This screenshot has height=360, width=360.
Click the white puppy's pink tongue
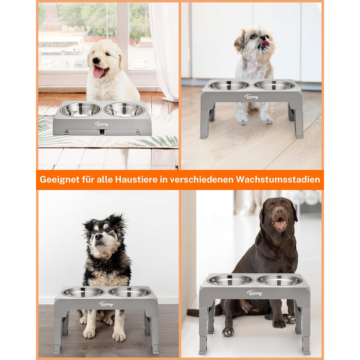(98, 72)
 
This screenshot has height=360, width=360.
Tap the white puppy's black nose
(96, 60)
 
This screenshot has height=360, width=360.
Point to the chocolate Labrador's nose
(279, 211)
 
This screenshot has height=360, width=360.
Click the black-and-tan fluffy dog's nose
(99, 236)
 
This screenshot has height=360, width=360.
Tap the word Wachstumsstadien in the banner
(278, 179)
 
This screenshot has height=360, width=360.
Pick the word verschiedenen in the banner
(202, 179)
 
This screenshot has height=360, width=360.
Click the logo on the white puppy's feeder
(102, 124)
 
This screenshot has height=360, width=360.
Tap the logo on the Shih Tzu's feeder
(251, 97)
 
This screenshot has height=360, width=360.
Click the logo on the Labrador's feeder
(255, 293)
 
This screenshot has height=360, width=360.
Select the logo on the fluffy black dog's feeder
(106, 304)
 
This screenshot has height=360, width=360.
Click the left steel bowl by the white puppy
(81, 110)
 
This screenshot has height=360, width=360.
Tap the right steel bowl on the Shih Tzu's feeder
(274, 85)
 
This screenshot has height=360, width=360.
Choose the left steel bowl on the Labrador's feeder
(230, 280)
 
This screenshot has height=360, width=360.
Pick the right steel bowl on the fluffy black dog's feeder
(129, 292)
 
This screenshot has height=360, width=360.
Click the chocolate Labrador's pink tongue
(281, 224)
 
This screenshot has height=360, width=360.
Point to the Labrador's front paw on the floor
(228, 332)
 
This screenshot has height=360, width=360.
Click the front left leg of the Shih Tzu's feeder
(205, 123)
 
